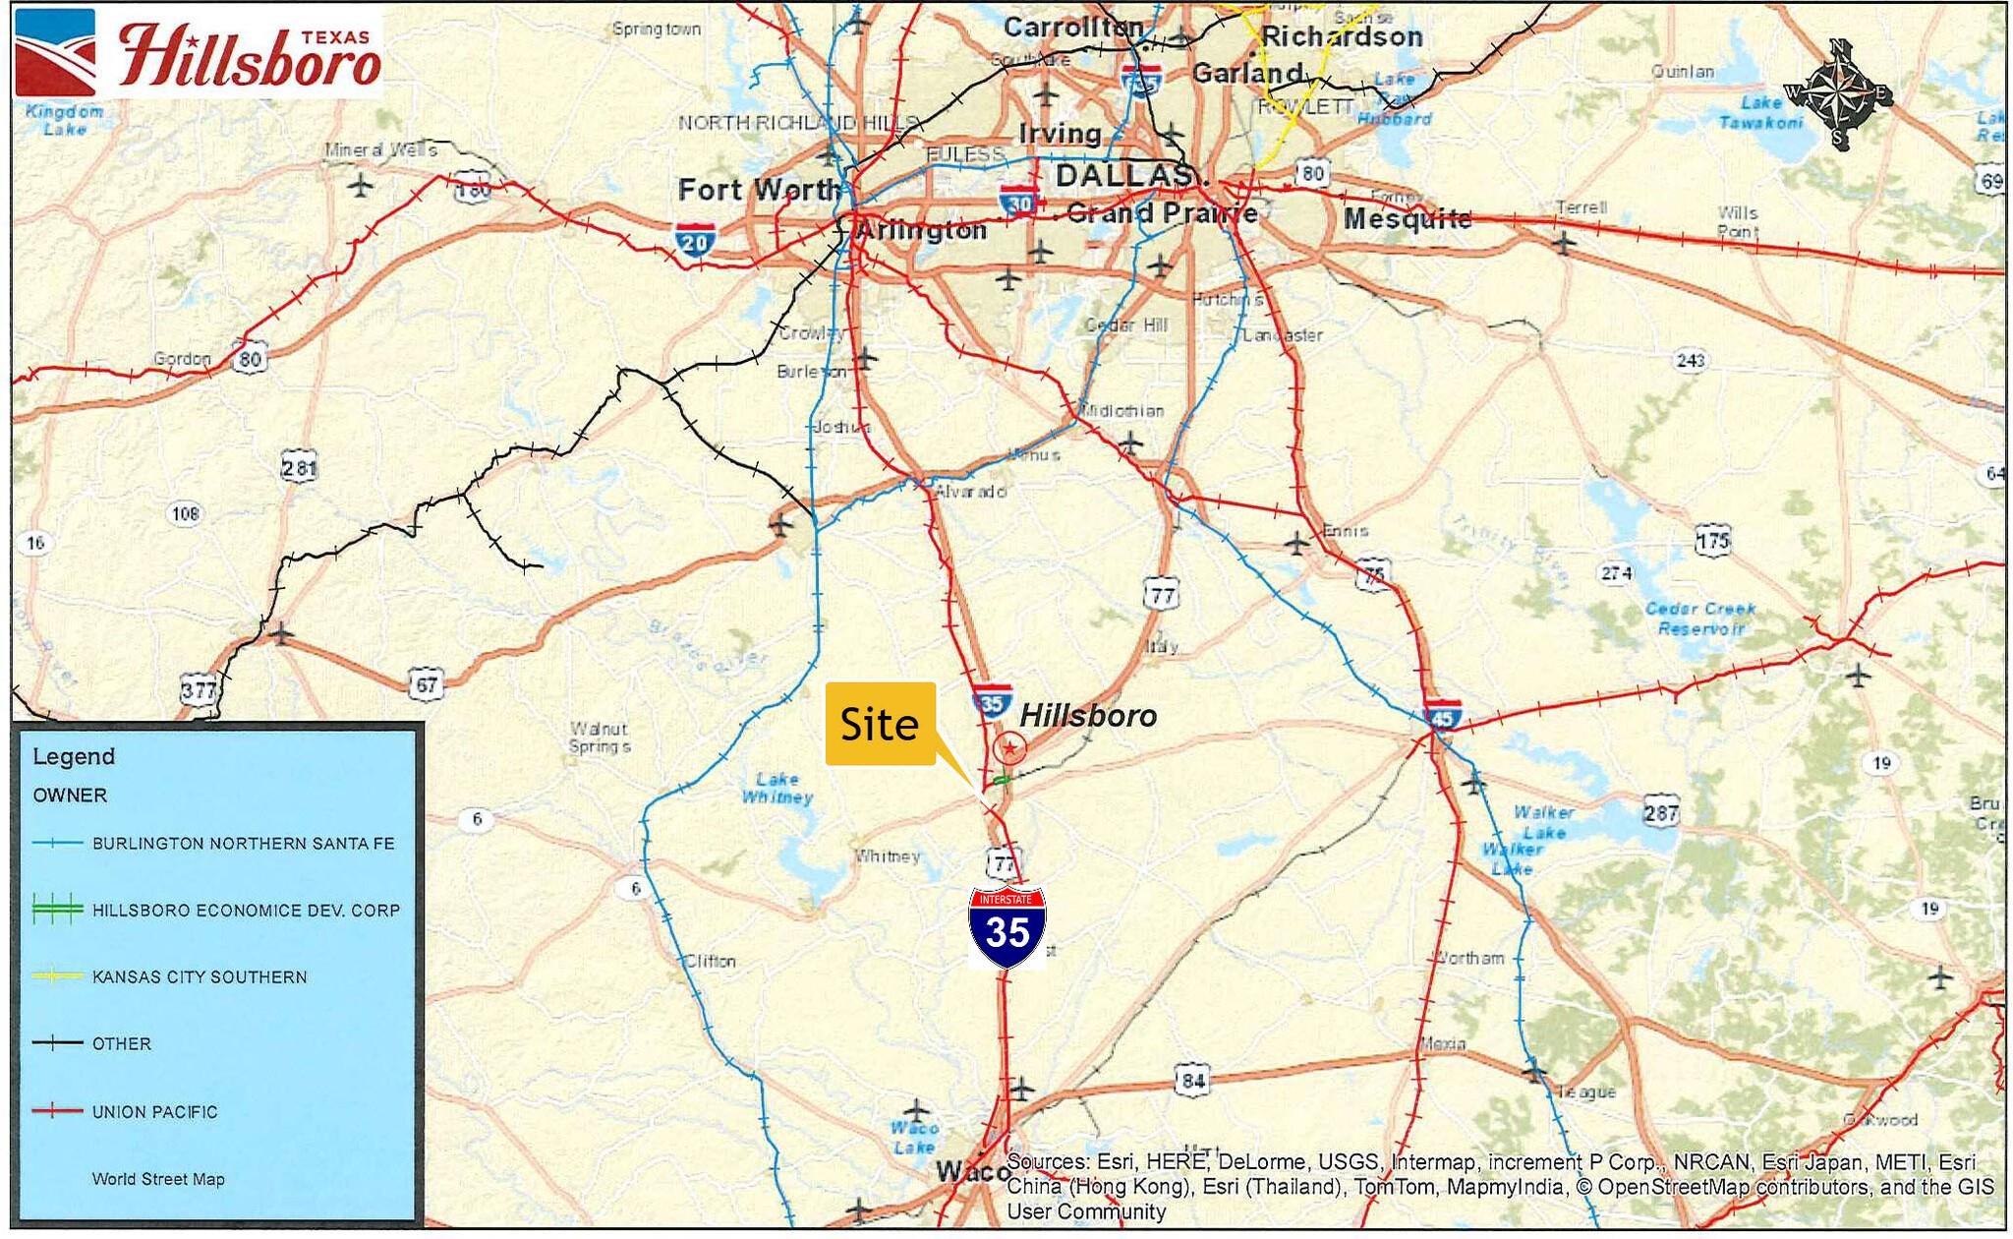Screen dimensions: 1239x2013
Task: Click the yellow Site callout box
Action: (880, 724)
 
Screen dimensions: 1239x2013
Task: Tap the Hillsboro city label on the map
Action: (1087, 715)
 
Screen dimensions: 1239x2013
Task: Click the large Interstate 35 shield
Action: (1007, 926)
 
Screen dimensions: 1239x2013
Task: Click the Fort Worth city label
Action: (759, 189)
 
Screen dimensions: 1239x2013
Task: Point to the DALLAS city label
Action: (1124, 176)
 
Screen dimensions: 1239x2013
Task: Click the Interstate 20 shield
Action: (695, 240)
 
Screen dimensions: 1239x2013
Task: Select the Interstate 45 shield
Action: (1442, 715)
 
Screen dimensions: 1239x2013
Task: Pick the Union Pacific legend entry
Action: (154, 1111)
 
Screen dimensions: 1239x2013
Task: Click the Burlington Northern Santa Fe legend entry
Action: (243, 843)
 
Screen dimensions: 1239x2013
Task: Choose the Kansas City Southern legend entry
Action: (200, 976)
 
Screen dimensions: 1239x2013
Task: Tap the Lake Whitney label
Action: (776, 788)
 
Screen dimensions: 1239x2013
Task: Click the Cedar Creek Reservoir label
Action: (1699, 618)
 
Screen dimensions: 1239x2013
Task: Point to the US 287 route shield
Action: (1660, 812)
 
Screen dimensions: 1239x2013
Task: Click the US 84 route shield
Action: (1192, 1080)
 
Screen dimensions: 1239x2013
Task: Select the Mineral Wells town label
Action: (380, 150)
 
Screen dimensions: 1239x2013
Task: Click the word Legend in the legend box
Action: (74, 756)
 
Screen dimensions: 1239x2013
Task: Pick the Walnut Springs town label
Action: (599, 737)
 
